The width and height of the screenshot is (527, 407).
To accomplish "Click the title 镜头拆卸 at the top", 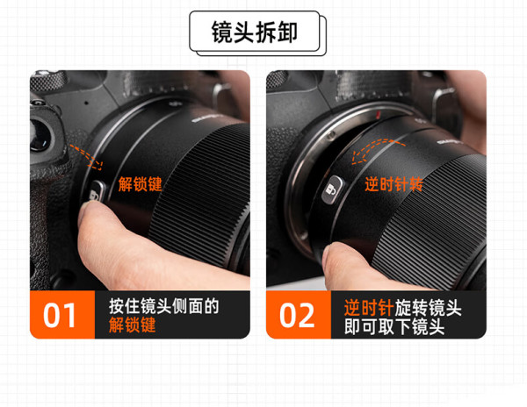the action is [x=255, y=32].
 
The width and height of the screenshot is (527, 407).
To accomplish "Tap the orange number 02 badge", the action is [x=299, y=315].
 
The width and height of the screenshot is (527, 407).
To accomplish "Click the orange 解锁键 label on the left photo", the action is [x=140, y=184].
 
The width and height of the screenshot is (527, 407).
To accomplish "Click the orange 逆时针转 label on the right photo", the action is [x=393, y=184].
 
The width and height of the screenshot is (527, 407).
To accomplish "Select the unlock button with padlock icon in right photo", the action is [x=333, y=190].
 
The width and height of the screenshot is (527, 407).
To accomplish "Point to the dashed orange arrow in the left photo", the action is [x=86, y=157].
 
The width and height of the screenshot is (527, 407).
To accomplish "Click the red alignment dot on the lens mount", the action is [x=378, y=115].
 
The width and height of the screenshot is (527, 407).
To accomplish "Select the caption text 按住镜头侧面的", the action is [x=163, y=306].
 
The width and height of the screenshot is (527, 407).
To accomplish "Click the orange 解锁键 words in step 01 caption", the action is [x=132, y=325].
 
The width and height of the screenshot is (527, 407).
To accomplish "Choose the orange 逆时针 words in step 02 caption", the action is [x=369, y=308].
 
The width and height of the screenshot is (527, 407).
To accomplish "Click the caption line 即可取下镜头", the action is [x=393, y=326].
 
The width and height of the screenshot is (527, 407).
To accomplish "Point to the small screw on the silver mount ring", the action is [x=331, y=135].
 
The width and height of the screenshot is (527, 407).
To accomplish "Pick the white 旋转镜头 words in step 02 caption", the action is [x=428, y=308].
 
